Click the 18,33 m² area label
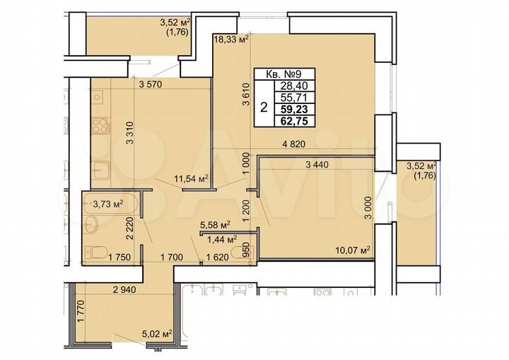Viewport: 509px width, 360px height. click(231, 40)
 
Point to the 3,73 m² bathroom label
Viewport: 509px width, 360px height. click(108, 204)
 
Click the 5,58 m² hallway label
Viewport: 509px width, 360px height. click(217, 226)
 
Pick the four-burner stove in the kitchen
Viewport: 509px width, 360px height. click(100, 127)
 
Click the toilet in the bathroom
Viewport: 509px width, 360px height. click(98, 250)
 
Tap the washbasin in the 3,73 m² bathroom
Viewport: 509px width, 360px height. click(92, 225)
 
